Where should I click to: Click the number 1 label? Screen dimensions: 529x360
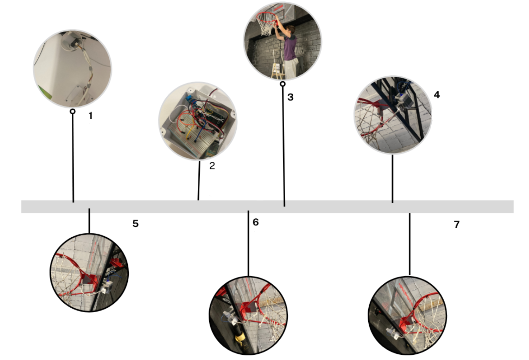(91, 116)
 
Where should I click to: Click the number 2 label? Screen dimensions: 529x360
(212, 166)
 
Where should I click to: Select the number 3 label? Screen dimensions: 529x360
(291, 97)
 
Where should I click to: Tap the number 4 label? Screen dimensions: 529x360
(436, 95)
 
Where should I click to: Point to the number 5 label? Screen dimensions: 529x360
(135, 224)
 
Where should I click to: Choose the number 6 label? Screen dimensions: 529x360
(255, 222)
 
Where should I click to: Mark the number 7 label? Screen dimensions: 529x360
(457, 225)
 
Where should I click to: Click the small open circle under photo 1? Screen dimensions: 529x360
(73, 111)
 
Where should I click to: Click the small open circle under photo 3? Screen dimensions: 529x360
(283, 84)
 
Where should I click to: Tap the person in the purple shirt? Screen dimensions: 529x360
(288, 51)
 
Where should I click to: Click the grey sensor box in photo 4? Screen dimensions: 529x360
(403, 100)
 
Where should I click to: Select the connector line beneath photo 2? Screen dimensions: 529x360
(199, 181)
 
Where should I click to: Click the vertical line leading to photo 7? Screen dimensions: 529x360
(410, 244)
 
